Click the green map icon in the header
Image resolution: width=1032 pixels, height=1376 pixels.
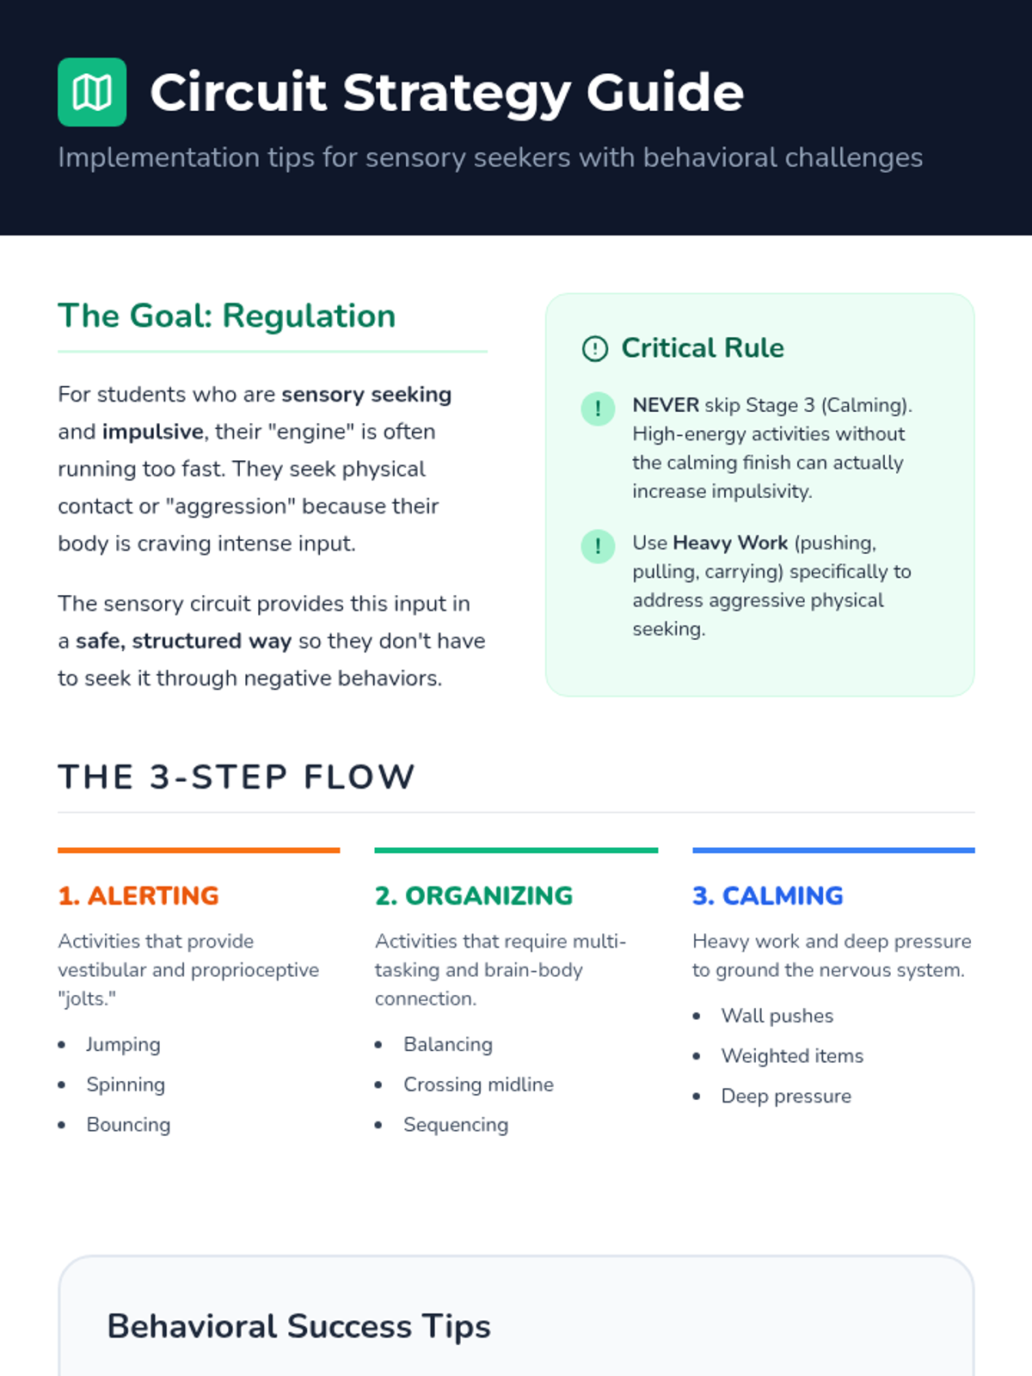(x=92, y=92)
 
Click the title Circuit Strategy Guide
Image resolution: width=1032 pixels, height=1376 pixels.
(x=446, y=92)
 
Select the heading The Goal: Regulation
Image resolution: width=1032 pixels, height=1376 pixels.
(x=226, y=316)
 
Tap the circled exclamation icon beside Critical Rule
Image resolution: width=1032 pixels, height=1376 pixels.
(x=595, y=348)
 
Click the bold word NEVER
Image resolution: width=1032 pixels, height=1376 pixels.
(x=666, y=405)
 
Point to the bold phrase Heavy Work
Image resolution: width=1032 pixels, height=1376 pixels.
(x=730, y=543)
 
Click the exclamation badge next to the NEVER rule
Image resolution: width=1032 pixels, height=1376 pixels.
(x=598, y=408)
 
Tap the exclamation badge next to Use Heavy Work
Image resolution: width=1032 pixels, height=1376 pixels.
(x=598, y=546)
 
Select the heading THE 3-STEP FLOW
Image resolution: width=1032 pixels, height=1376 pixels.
(x=236, y=777)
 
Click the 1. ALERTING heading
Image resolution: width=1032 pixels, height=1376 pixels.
(x=138, y=895)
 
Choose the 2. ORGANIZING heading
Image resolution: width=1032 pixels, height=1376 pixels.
(x=474, y=895)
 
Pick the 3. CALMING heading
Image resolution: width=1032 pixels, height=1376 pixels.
(x=768, y=895)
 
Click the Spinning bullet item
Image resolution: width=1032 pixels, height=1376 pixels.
(x=126, y=1084)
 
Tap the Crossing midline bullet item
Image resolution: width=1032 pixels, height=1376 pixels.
(x=478, y=1084)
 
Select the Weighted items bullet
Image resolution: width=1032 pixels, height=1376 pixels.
(x=792, y=1056)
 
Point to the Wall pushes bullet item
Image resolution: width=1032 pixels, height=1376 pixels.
(x=777, y=1016)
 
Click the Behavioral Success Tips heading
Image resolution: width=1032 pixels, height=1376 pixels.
(x=298, y=1326)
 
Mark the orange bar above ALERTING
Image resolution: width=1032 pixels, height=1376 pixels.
(x=199, y=851)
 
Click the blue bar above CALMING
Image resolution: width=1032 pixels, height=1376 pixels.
(x=833, y=851)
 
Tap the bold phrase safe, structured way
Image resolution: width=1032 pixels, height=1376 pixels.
(x=183, y=641)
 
